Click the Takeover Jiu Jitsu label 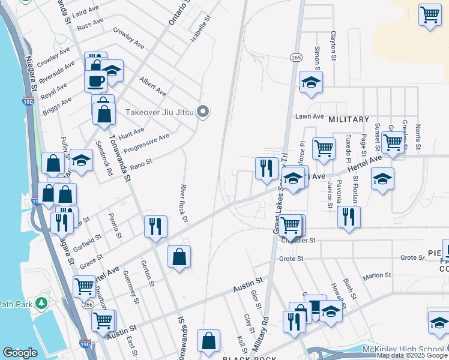[160, 112]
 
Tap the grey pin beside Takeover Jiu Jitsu [203, 112]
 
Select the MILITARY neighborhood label [348, 119]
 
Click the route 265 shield [295, 57]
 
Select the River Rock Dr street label [185, 203]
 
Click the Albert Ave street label [152, 86]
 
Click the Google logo [20, 353]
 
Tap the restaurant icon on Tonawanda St [155, 227]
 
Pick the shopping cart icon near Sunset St [393, 143]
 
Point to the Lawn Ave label [309, 116]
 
